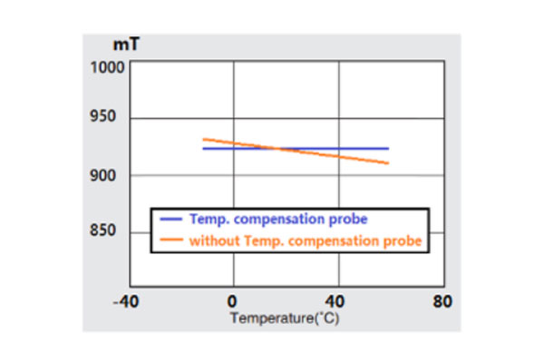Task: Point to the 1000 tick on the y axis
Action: click(x=111, y=68)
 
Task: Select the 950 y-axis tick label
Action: click(x=114, y=118)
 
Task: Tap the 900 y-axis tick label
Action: click(x=114, y=175)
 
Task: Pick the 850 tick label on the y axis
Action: click(x=114, y=231)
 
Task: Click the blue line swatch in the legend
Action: click(x=171, y=220)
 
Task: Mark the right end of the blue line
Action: click(x=388, y=148)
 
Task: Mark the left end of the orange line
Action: click(x=203, y=139)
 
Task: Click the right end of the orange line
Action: click(x=389, y=163)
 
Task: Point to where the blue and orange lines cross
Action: click(x=277, y=148)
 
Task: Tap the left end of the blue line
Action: click(x=203, y=148)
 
